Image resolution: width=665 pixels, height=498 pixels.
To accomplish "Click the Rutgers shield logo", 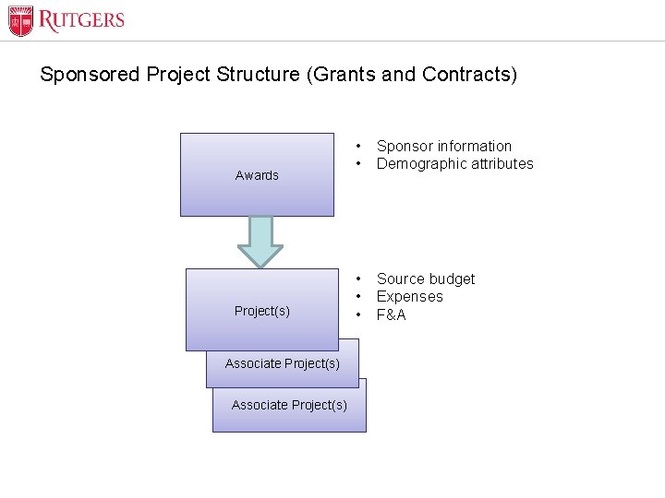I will (20, 20).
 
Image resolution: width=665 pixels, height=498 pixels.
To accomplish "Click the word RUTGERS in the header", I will (81, 20).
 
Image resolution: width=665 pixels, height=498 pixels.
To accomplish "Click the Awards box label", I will (257, 175).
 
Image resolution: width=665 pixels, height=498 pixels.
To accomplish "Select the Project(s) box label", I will (262, 311).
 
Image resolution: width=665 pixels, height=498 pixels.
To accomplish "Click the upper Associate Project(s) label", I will (283, 363).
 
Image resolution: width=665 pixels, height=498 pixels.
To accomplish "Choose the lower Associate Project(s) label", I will (289, 405).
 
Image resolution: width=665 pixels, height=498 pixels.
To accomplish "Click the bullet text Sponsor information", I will (443, 146).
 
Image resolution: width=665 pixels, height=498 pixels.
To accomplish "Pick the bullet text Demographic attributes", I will (454, 163).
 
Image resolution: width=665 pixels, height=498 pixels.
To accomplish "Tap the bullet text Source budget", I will (426, 279).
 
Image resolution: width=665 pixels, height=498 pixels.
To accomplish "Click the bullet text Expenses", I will (409, 296).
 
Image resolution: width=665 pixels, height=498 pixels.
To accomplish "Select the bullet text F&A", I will (392, 314).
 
